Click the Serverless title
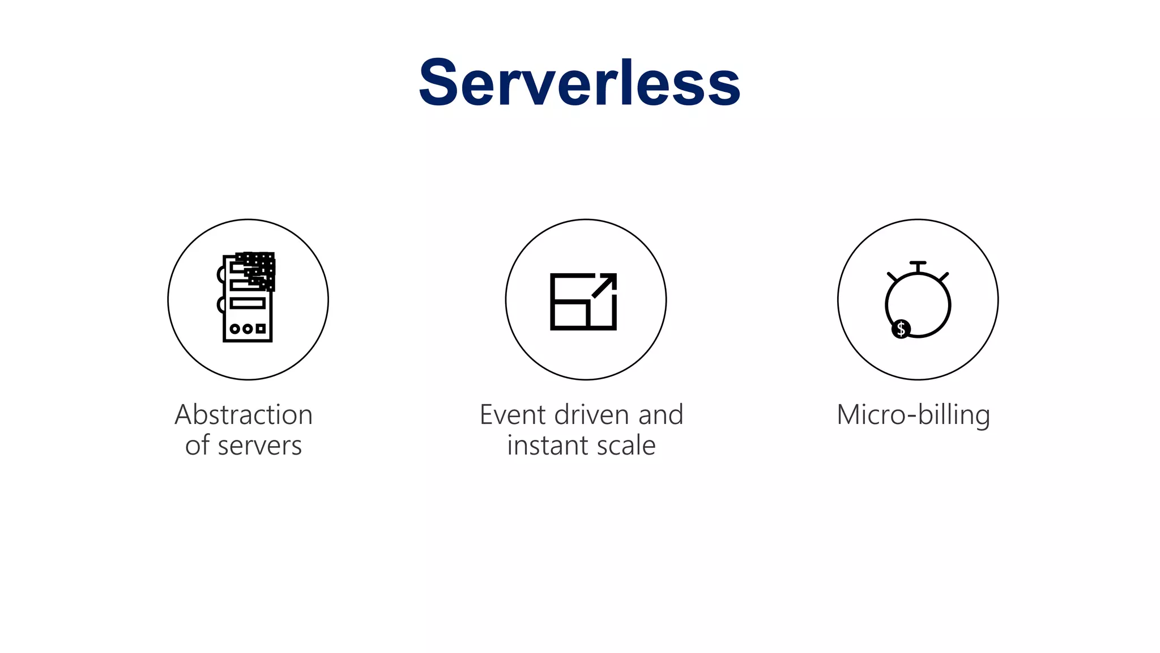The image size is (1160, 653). (x=579, y=83)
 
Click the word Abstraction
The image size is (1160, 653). (x=244, y=414)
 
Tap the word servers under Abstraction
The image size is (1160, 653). (x=259, y=446)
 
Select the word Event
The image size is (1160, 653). (x=513, y=414)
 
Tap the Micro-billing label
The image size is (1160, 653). (x=913, y=415)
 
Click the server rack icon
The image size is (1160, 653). (x=248, y=297)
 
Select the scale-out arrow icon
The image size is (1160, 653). (x=583, y=301)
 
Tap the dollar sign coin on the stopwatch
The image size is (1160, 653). (x=901, y=329)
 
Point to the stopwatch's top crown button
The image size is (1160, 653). (x=918, y=264)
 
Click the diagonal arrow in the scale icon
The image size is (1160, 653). (x=605, y=285)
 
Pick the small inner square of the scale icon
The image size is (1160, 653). (x=570, y=315)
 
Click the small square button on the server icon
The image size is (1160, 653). (x=261, y=329)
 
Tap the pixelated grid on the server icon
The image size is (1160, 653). (x=258, y=269)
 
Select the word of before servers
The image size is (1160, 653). (x=197, y=446)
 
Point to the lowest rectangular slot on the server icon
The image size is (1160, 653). (x=248, y=303)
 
